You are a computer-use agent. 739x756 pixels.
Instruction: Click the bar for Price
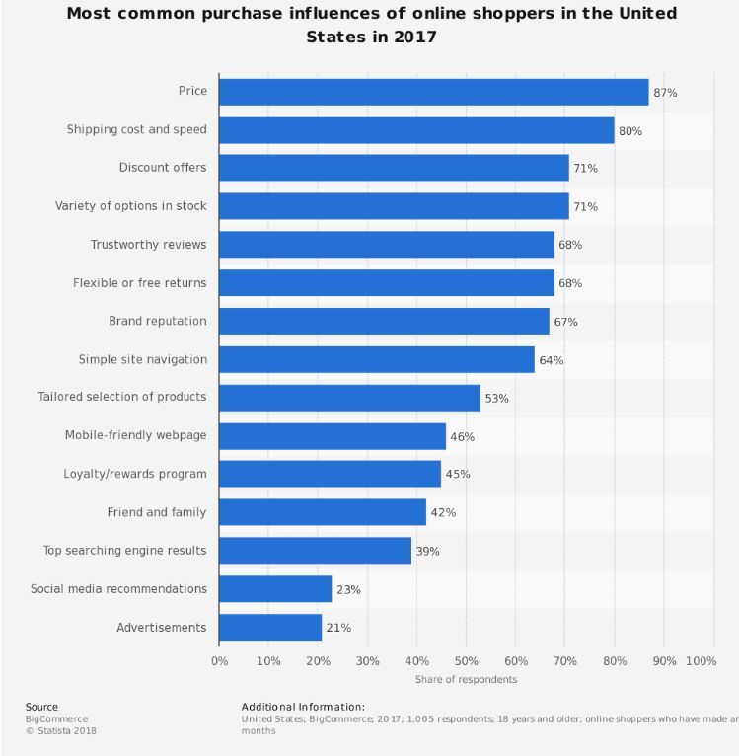tap(434, 92)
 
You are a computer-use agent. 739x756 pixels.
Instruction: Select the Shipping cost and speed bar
tap(416, 130)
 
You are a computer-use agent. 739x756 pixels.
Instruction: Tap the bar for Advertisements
tap(270, 628)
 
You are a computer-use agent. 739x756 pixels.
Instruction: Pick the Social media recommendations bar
tap(275, 589)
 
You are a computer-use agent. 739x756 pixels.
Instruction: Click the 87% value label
tap(665, 92)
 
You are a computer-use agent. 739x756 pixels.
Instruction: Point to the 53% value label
tap(496, 398)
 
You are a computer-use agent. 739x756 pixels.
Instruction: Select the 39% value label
tap(427, 551)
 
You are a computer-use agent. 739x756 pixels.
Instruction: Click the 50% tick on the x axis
tap(466, 660)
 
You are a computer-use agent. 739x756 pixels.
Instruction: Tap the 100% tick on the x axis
tap(701, 660)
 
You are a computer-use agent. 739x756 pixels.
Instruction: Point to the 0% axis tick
tap(219, 660)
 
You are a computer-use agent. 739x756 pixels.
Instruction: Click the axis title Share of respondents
tap(466, 679)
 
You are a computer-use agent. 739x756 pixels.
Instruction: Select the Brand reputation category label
tap(158, 321)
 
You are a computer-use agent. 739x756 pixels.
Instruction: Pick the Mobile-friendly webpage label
tap(136, 435)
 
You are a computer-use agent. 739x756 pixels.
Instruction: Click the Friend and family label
tap(157, 512)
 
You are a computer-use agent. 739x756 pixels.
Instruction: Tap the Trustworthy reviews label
tap(149, 245)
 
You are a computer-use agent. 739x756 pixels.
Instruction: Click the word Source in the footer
tap(41, 707)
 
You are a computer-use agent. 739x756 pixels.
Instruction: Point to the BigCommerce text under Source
tap(55, 719)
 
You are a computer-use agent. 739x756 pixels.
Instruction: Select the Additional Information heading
tap(303, 707)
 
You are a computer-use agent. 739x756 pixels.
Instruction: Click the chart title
tap(371, 25)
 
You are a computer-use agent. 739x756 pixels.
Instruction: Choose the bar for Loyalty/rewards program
tap(330, 474)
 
